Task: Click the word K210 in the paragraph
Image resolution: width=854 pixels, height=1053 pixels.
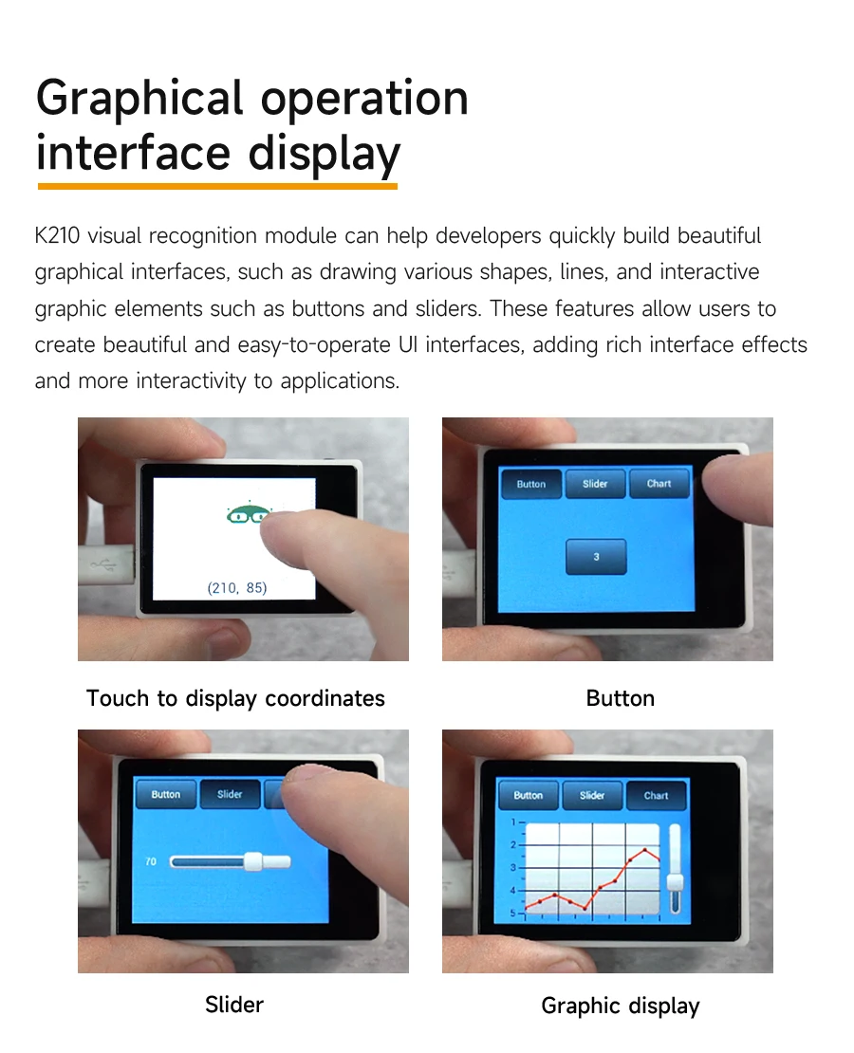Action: tap(57, 235)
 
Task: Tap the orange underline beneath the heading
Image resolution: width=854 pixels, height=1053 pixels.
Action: tap(217, 186)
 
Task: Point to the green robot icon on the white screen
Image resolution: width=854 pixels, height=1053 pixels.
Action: tap(248, 514)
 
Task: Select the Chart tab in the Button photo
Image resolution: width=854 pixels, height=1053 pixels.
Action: tap(659, 484)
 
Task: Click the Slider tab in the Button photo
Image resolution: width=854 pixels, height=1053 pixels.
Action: tap(595, 484)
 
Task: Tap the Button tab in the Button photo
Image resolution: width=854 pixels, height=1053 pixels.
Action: tap(530, 484)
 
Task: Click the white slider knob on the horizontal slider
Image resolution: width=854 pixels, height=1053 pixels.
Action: tap(253, 861)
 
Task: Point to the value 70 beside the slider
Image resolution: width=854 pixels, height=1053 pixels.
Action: tap(151, 861)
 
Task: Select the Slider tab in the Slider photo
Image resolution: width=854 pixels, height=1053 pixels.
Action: tap(230, 794)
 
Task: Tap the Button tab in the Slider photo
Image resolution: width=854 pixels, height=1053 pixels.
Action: tap(166, 794)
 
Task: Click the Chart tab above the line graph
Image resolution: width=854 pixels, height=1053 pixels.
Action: tap(657, 796)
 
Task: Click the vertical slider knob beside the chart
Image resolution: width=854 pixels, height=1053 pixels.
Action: tap(676, 882)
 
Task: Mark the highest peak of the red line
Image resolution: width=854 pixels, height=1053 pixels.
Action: tap(645, 850)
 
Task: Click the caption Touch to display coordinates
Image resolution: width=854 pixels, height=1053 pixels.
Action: tap(236, 698)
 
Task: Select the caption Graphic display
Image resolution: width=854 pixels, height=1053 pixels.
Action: tap(621, 1006)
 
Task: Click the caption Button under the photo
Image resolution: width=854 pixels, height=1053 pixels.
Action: tap(621, 698)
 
